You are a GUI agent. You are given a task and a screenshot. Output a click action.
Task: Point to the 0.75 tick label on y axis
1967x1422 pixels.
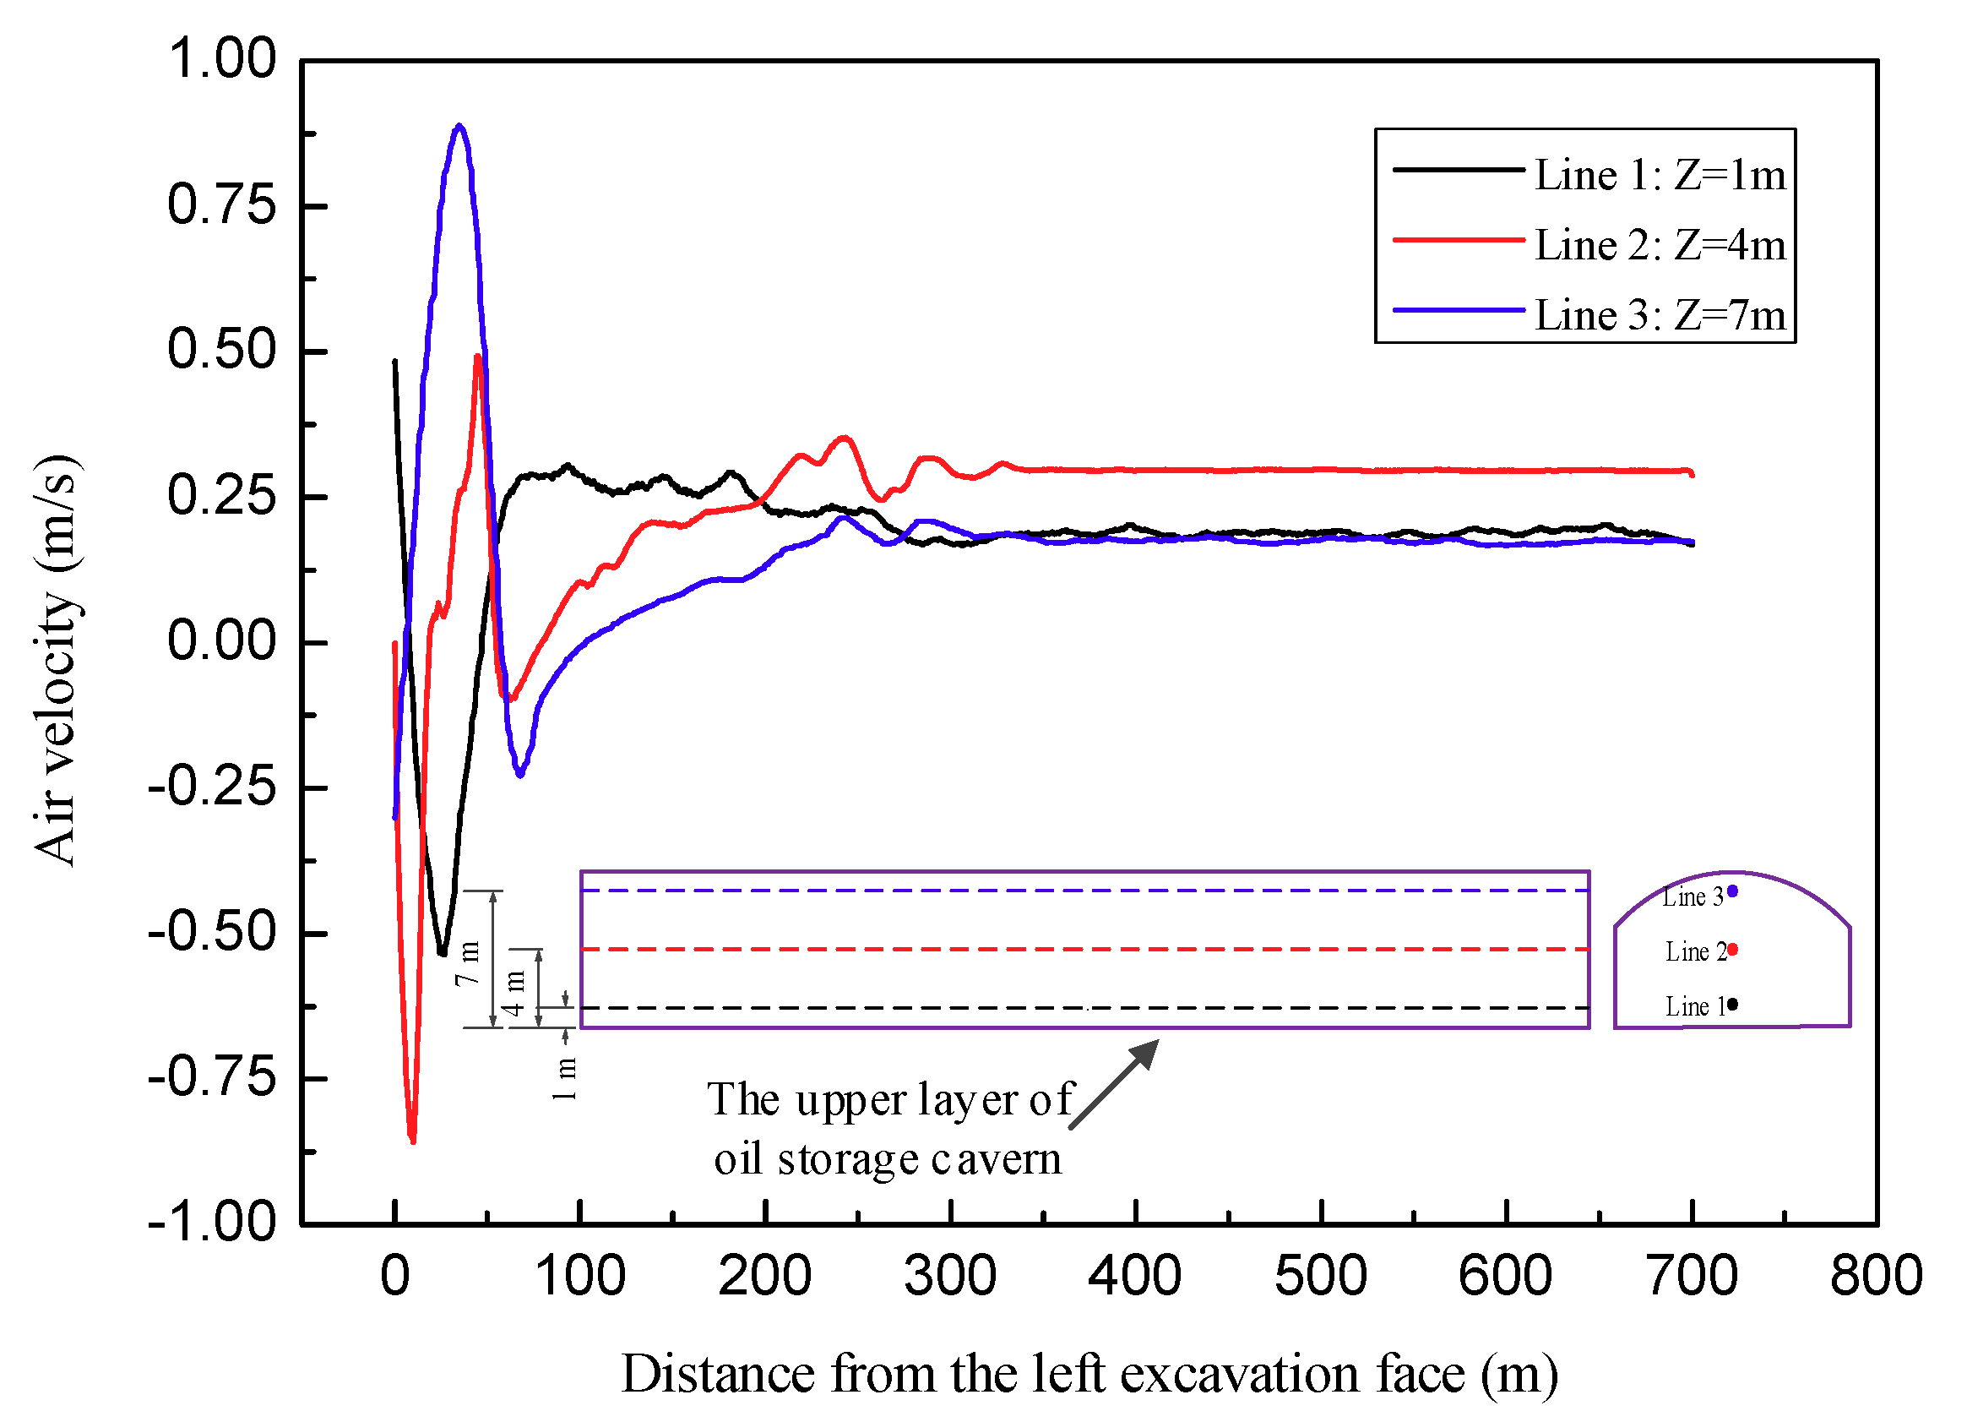[x=221, y=205]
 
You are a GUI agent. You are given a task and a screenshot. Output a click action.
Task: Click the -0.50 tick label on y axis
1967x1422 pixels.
[x=213, y=933]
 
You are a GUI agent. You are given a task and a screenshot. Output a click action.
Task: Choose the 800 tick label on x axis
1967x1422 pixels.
[x=1876, y=1276]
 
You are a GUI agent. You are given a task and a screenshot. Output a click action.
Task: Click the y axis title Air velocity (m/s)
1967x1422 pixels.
[x=57, y=659]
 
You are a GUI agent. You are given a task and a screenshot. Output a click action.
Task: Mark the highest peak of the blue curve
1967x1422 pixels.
[x=459, y=127]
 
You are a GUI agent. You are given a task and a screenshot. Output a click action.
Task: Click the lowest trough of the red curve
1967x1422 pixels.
[x=413, y=1140]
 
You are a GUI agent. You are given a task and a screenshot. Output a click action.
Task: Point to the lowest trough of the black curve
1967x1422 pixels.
[x=443, y=952]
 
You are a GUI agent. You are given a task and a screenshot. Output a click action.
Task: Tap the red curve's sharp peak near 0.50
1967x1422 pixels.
[x=478, y=357]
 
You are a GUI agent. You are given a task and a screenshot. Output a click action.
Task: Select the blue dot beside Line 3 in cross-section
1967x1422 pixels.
[x=1733, y=891]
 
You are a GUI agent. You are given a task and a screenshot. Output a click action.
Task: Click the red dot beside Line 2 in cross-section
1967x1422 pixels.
[x=1733, y=950]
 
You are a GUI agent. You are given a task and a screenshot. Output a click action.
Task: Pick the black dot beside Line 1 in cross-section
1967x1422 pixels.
[x=1733, y=1005]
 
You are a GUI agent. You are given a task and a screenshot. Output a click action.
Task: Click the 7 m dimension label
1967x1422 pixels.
[x=469, y=962]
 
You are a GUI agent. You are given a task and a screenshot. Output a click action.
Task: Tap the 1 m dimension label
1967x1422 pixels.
[x=565, y=1078]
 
